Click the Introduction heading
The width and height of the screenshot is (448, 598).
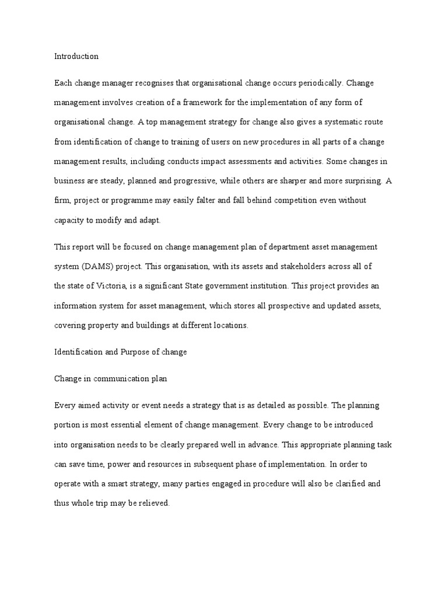pos(76,57)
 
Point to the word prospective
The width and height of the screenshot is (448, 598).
pos(281,305)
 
